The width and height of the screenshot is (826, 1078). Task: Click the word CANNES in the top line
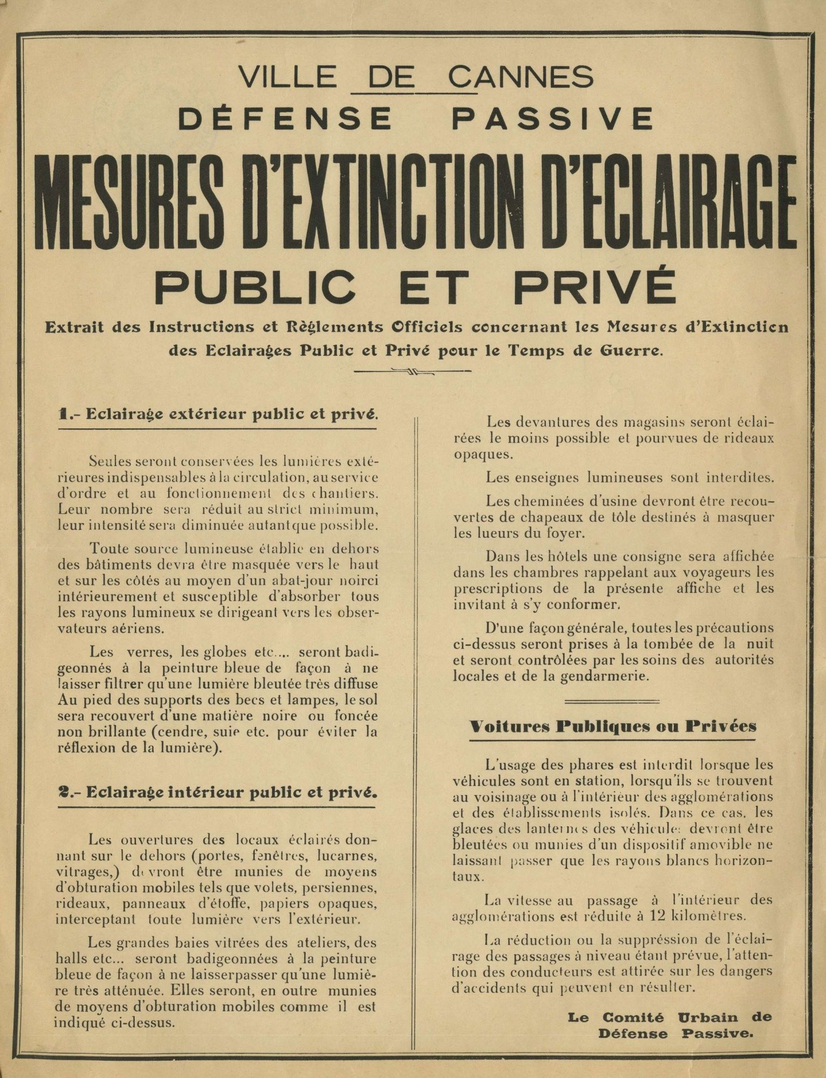tap(521, 77)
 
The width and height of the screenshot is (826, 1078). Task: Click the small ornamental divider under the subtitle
tap(413, 371)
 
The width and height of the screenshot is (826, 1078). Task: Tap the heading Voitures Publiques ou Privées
tap(613, 726)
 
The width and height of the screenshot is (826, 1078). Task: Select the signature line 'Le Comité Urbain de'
tap(670, 1017)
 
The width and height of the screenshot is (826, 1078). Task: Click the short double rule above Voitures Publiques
tap(612, 701)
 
